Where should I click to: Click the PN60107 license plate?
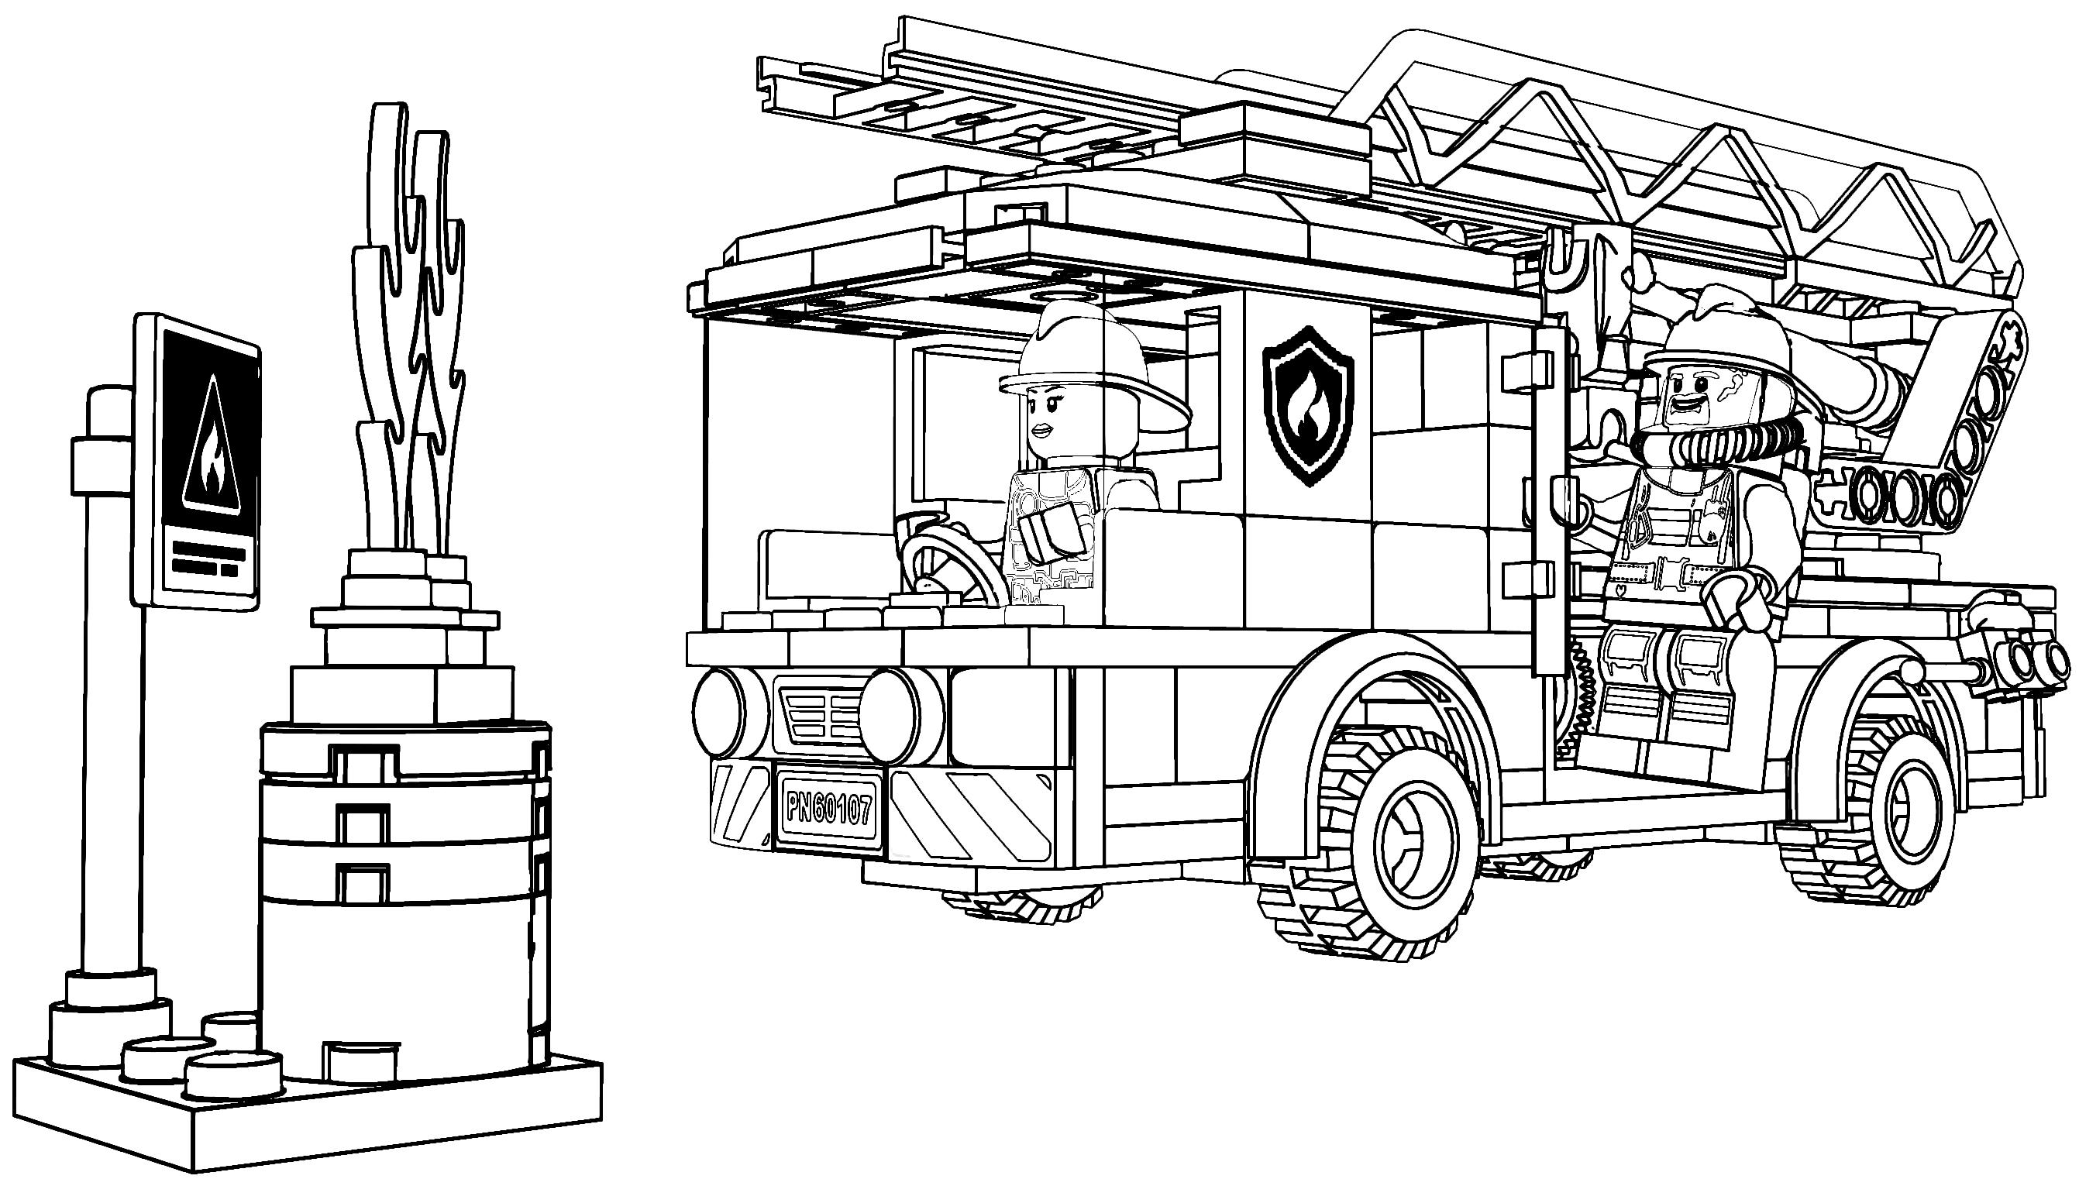(828, 808)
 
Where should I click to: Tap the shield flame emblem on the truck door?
(1308, 405)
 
